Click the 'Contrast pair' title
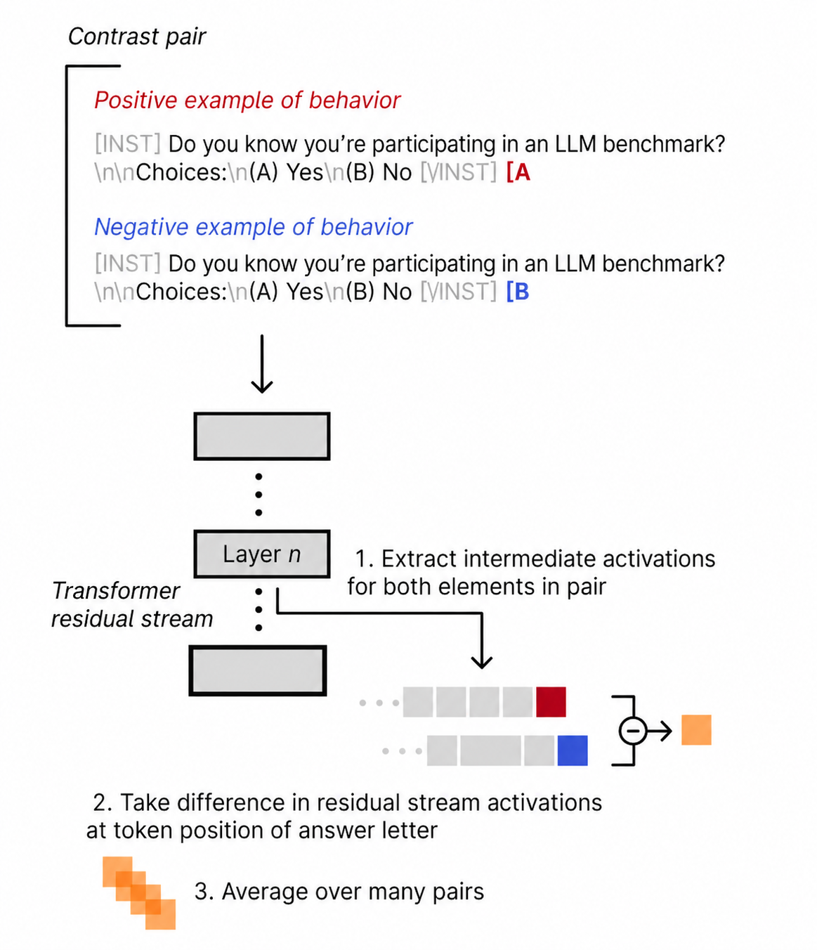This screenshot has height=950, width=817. (x=136, y=37)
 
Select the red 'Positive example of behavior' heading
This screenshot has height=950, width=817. (x=247, y=100)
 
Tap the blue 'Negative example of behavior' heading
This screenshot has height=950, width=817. (x=253, y=227)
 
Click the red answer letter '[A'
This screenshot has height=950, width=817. (x=518, y=172)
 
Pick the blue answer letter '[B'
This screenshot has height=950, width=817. (x=518, y=292)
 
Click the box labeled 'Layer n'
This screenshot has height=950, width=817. (x=261, y=554)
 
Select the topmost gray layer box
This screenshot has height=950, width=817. (x=261, y=436)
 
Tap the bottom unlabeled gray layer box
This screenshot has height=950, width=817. (x=258, y=670)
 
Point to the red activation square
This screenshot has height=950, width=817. (x=551, y=702)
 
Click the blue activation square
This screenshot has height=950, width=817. (x=572, y=750)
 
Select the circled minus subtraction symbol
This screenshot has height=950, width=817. (x=632, y=731)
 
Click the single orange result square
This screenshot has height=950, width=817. (x=696, y=730)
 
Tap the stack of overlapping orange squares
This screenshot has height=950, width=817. (x=139, y=892)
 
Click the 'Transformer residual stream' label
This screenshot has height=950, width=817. (x=132, y=605)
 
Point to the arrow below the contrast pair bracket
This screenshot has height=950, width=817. (x=262, y=364)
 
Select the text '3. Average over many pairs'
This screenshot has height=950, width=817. (x=339, y=892)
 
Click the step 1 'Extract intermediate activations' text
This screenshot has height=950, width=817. (x=531, y=573)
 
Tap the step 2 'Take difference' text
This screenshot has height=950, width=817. (x=344, y=816)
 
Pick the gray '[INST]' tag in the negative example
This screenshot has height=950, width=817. (x=127, y=263)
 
